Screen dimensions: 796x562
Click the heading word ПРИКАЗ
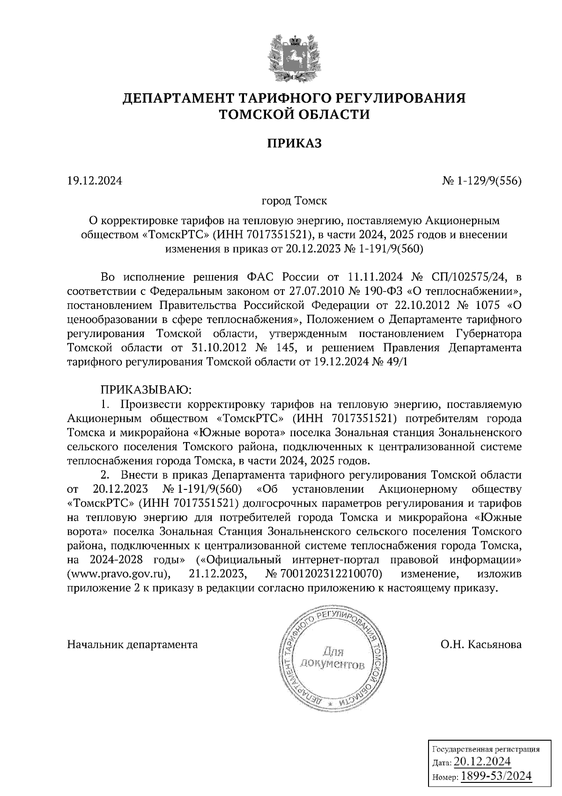pos(295,143)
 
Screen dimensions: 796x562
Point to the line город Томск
pos(294,202)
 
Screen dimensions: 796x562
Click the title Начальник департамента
pos(133,645)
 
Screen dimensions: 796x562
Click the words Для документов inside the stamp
pos(333,658)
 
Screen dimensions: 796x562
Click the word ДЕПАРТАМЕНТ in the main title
pos(180,99)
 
